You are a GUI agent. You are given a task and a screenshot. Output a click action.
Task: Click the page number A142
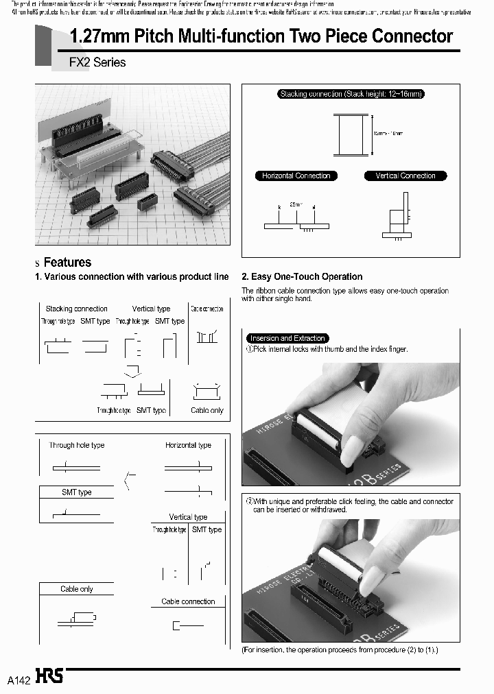tap(19, 680)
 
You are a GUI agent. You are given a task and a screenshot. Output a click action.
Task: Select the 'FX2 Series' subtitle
tap(97, 62)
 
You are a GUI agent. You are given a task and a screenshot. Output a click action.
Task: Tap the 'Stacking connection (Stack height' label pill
tap(351, 94)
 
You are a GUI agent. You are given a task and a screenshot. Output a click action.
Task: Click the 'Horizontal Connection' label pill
tap(296, 176)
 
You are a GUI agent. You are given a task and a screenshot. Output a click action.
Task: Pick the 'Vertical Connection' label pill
tap(405, 176)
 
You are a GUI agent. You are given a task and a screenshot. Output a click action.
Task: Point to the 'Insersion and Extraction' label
tap(287, 338)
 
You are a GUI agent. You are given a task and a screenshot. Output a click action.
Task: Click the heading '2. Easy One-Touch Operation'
tap(302, 277)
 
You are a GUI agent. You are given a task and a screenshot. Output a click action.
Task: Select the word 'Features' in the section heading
tap(67, 263)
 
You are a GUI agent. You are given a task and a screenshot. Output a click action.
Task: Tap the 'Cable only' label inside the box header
tap(77, 589)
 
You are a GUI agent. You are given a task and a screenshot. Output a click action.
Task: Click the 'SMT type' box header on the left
tap(77, 492)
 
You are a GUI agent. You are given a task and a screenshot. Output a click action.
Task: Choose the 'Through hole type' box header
tap(77, 445)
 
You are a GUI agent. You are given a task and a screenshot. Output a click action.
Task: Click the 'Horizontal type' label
tap(188, 445)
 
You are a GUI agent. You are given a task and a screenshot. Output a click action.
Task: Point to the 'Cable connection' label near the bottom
tap(188, 601)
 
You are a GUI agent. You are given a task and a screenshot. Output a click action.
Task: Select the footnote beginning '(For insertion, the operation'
tap(340, 649)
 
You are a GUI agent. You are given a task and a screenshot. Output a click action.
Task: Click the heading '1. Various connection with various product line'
tap(132, 277)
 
